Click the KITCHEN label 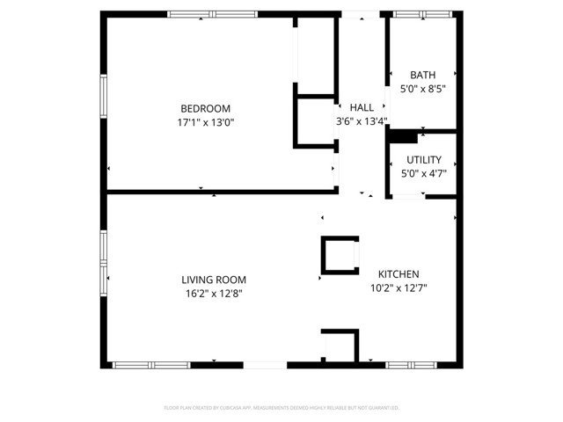(x=398, y=273)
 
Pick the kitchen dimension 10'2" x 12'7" (x=398, y=287)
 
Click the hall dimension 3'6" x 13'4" (x=362, y=121)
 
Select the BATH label (x=423, y=76)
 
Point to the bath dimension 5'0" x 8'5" (x=423, y=89)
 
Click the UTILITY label (x=423, y=159)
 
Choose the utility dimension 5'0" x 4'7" (x=423, y=173)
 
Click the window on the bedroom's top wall (x=213, y=14)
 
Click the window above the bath (x=416, y=14)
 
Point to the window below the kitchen (x=412, y=365)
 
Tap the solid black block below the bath (x=403, y=136)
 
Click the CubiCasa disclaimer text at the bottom (x=281, y=408)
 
